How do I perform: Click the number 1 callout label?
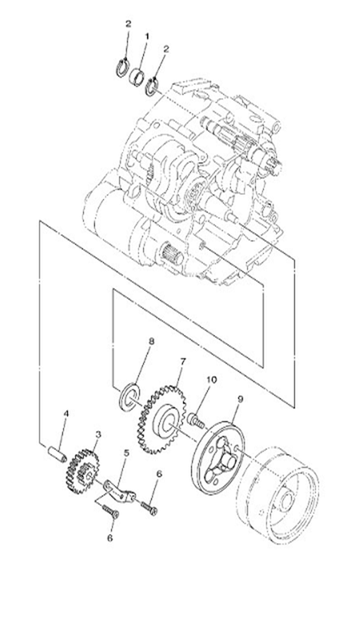tap(147, 36)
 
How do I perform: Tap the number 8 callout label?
tap(151, 341)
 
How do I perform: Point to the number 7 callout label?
tap(182, 361)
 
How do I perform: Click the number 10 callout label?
tap(211, 380)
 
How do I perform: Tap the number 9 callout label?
tap(240, 399)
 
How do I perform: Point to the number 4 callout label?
tap(66, 413)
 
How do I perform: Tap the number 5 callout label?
tap(126, 453)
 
